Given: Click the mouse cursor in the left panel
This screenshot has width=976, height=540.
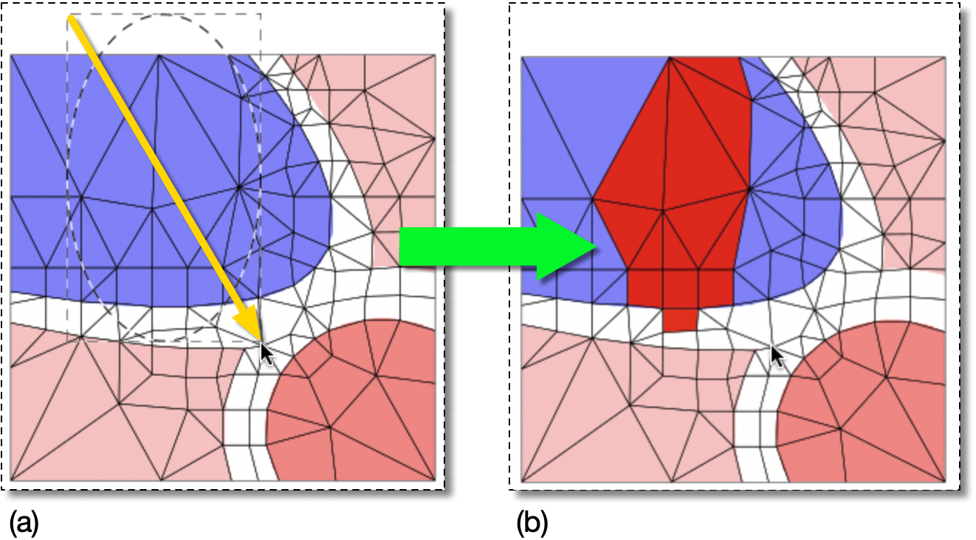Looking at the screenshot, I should click(x=267, y=353).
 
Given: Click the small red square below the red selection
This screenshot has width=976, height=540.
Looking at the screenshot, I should click(x=680, y=319).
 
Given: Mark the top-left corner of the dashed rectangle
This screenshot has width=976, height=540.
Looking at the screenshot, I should click(x=68, y=14).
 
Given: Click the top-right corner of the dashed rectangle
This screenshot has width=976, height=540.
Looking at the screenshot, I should click(x=261, y=14).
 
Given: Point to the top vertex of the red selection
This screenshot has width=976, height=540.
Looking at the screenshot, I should click(x=670, y=58).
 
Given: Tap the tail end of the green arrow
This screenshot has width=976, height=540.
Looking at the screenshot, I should click(x=402, y=246).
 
